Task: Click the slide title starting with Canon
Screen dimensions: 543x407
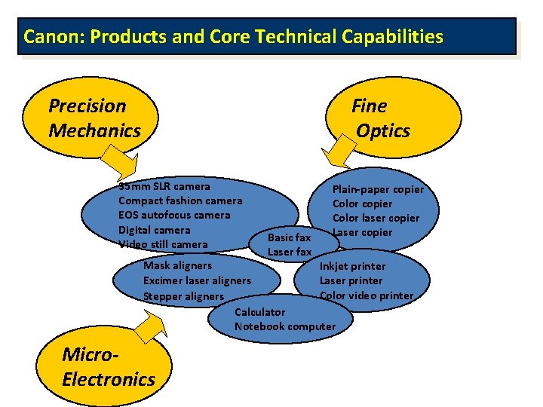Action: [233, 36]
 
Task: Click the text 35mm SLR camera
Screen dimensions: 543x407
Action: [164, 186]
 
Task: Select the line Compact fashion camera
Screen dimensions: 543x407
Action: [180, 200]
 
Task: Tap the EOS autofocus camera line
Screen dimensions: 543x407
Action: [174, 215]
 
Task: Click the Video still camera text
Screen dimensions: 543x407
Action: [163, 244]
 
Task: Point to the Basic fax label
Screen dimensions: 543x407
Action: [290, 237]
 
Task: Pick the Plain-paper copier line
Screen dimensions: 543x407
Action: [379, 189]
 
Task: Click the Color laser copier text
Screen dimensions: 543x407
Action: [376, 218]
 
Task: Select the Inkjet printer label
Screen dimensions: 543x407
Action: [352, 266]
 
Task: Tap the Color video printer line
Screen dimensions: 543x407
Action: [367, 295]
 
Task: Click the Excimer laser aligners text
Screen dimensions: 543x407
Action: [197, 281]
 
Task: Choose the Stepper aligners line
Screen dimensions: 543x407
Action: [183, 296]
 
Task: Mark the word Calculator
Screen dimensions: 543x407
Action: [260, 312]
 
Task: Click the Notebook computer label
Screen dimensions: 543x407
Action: [285, 326]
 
